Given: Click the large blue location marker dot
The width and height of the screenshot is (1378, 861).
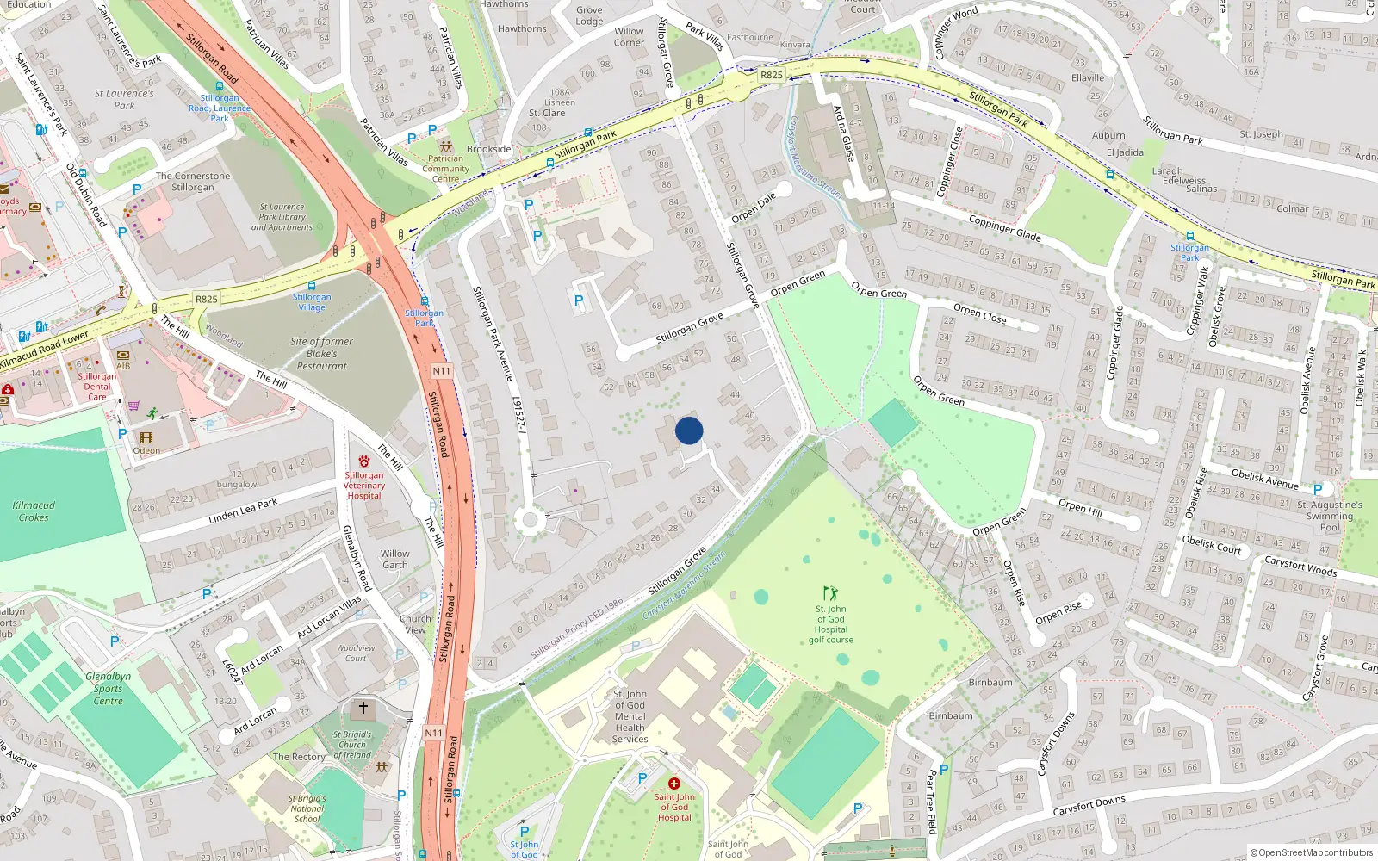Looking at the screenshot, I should click(x=689, y=430).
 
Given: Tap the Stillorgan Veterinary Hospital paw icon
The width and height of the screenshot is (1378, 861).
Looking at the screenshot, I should click(x=364, y=461).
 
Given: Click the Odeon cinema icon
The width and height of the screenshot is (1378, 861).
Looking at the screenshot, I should click(x=146, y=438).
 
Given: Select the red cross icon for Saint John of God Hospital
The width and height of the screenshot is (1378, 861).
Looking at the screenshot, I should click(x=674, y=784).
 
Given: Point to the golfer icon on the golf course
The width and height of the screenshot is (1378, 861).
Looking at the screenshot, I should click(x=830, y=593).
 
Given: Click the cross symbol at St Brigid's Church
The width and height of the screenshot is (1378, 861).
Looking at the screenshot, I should click(x=363, y=708).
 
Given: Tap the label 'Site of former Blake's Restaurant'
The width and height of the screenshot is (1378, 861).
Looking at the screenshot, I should click(x=321, y=354).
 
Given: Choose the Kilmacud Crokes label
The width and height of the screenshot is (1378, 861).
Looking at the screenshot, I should click(x=34, y=511).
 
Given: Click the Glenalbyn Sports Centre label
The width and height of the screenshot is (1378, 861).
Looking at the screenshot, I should click(x=109, y=688).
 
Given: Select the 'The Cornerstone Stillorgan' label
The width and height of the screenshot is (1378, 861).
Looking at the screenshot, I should click(x=193, y=182).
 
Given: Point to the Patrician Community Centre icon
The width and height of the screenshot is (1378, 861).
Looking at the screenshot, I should click(x=445, y=146).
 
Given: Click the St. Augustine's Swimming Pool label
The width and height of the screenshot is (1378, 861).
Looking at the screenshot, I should click(x=1330, y=516).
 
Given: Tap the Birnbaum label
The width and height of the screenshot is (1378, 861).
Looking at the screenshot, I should click(x=990, y=683).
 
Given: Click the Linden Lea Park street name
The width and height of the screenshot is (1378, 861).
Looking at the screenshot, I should click(x=243, y=511).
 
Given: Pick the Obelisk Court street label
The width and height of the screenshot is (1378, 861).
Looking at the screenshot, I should click(x=1212, y=544).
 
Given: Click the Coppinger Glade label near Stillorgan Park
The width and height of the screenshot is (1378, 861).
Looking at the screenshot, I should click(x=1004, y=228).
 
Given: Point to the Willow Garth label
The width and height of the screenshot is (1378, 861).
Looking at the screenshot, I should click(x=395, y=560).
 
